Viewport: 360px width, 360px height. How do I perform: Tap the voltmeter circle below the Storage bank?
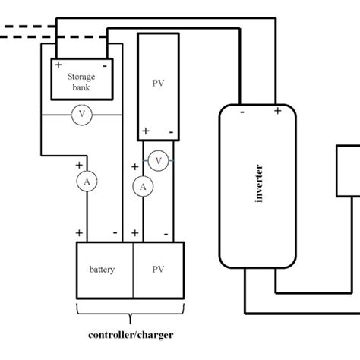[81, 115]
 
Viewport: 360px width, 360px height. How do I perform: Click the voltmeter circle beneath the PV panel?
[158, 161]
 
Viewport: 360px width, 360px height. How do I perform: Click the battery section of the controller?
[104, 270]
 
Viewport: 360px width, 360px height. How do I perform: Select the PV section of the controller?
[158, 270]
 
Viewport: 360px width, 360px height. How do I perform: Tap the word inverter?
[258, 182]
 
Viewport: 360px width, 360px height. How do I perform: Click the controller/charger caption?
[130, 334]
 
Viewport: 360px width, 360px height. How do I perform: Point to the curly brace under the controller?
[130, 312]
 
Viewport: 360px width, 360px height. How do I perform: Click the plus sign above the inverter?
[278, 111]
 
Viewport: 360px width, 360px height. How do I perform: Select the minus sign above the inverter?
[242, 112]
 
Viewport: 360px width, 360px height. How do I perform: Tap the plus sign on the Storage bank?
[58, 65]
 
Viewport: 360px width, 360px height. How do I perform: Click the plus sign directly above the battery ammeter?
[78, 165]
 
